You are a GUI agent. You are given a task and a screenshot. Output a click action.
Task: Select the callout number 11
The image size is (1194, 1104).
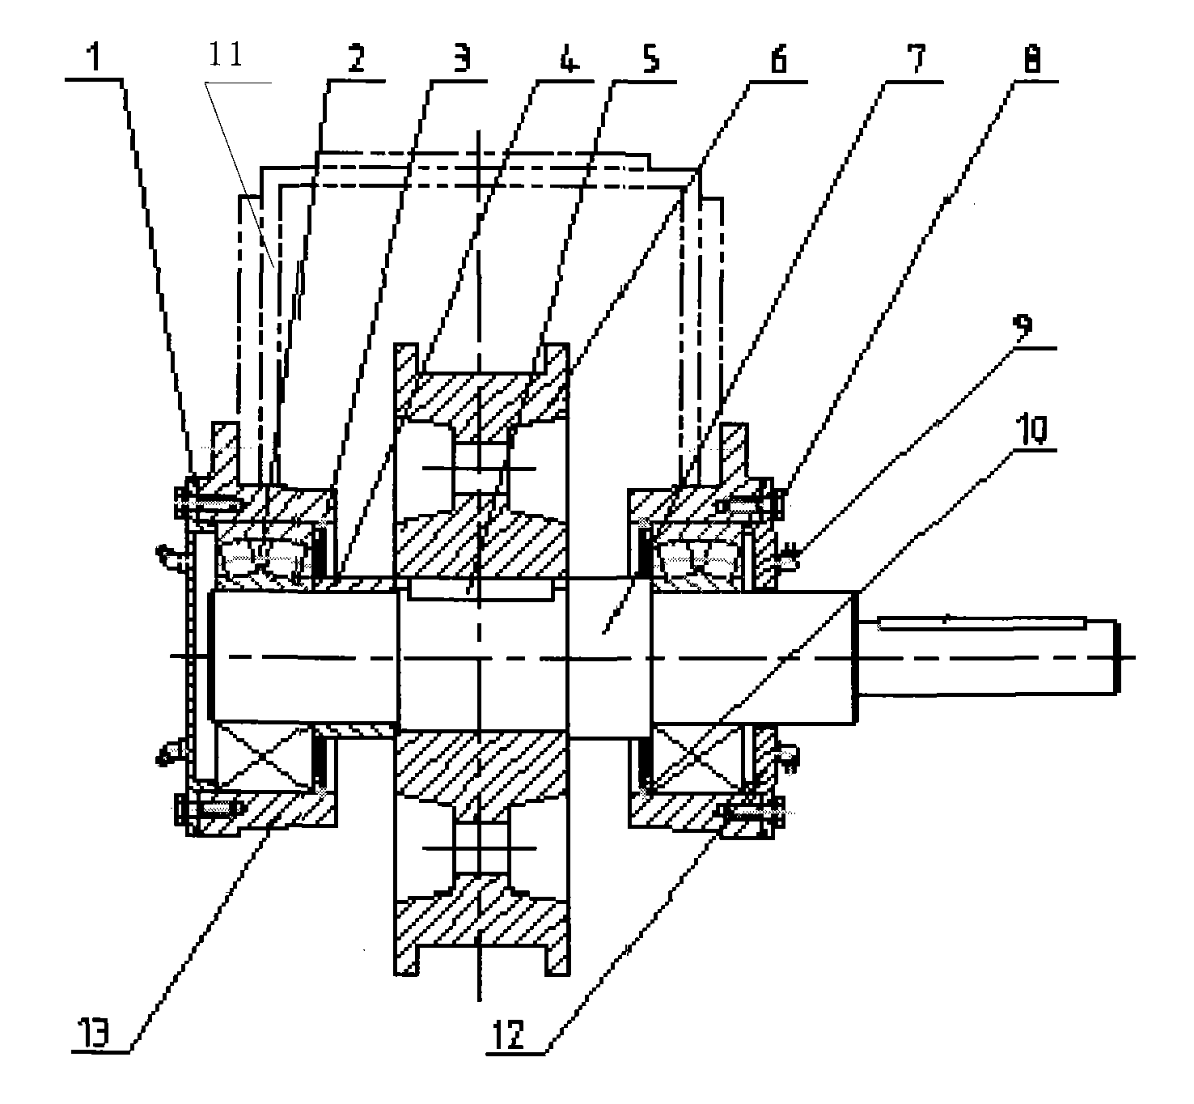[x=226, y=54]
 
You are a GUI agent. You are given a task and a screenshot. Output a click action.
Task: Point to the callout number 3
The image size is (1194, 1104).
[x=462, y=58]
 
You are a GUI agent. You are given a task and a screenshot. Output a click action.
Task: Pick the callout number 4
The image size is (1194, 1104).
[x=568, y=58]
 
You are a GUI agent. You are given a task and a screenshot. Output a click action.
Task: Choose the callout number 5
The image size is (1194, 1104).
[x=651, y=58]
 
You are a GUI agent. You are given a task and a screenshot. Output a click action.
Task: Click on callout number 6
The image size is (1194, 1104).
[x=778, y=58]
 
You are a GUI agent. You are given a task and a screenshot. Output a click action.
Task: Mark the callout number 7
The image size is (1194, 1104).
[x=917, y=58]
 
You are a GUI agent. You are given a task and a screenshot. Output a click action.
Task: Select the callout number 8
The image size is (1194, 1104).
[x=1031, y=60]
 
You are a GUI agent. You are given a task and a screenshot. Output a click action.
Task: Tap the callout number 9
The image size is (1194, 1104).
[x=1023, y=327]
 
